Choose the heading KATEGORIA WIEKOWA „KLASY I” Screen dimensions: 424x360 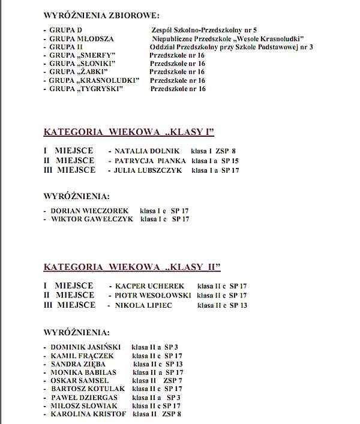(x=128, y=132)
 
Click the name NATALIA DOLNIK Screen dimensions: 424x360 (x=139, y=151)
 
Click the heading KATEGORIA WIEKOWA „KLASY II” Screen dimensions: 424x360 (x=132, y=267)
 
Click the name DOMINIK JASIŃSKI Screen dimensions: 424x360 (x=85, y=347)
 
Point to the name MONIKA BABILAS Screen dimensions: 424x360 (x=83, y=372)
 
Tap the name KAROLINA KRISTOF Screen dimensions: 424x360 (x=88, y=414)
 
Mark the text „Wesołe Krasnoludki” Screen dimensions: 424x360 (x=271, y=38)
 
